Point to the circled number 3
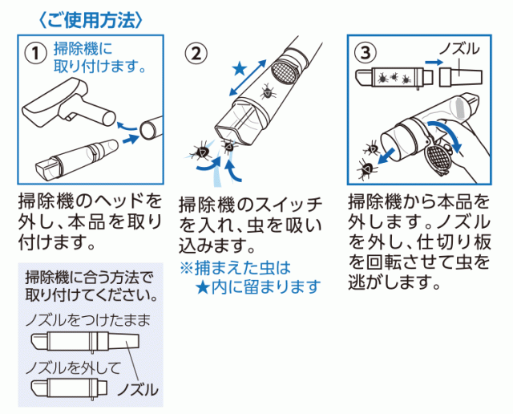coord(366,53)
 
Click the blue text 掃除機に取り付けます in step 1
coord(99,55)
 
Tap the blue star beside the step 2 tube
coord(240,71)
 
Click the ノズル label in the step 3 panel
coord(462,50)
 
